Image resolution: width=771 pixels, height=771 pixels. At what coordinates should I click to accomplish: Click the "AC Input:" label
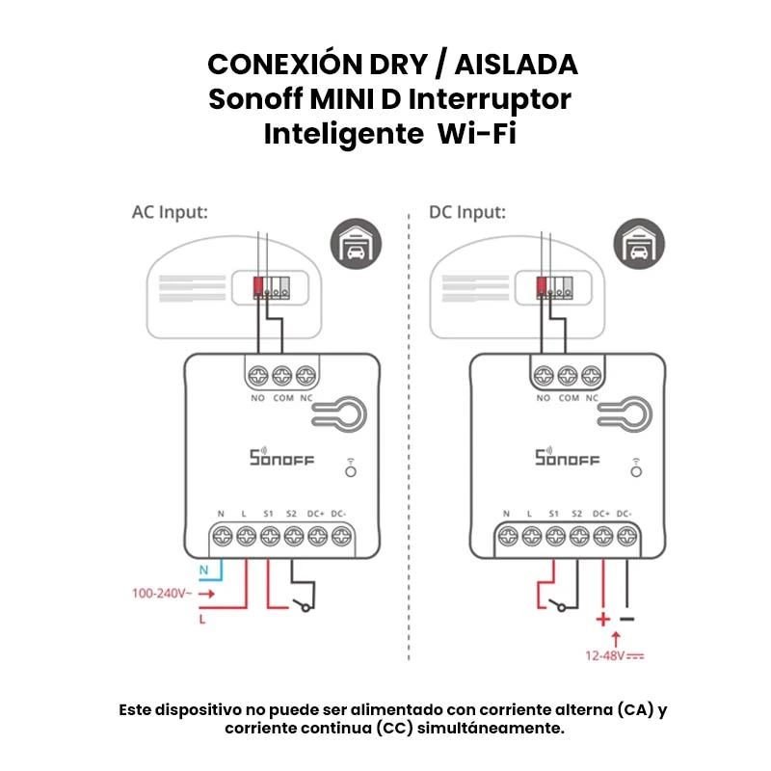(170, 212)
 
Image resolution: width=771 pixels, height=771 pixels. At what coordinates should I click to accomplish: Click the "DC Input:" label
(466, 212)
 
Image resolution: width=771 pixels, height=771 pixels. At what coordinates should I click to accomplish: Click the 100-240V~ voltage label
(161, 594)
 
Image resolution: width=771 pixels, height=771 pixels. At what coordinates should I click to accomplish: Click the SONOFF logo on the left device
(281, 459)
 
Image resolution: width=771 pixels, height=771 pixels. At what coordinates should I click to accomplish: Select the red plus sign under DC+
(603, 619)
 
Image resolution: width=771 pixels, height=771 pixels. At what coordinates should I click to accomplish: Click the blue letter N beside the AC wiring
(203, 571)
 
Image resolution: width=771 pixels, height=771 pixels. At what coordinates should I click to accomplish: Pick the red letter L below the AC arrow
(202, 620)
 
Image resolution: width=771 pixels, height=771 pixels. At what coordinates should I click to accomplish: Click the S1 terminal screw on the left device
(268, 537)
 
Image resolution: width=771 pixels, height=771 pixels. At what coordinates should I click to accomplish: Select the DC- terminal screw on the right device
(626, 537)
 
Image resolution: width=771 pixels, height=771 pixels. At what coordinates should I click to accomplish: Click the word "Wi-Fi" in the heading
(477, 133)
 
